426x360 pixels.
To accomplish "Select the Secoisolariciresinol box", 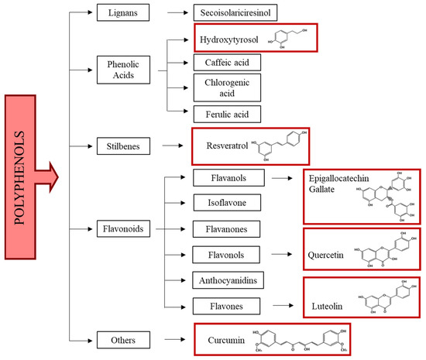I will coord(235,12).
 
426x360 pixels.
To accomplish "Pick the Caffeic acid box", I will coord(228,62).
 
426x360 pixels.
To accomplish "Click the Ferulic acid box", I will coord(228,115).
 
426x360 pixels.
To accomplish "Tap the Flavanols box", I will coord(228,179).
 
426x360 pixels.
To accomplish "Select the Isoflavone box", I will coord(228,203).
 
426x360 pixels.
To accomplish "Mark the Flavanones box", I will coord(228,228).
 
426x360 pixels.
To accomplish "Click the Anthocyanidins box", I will coord(228,279).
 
